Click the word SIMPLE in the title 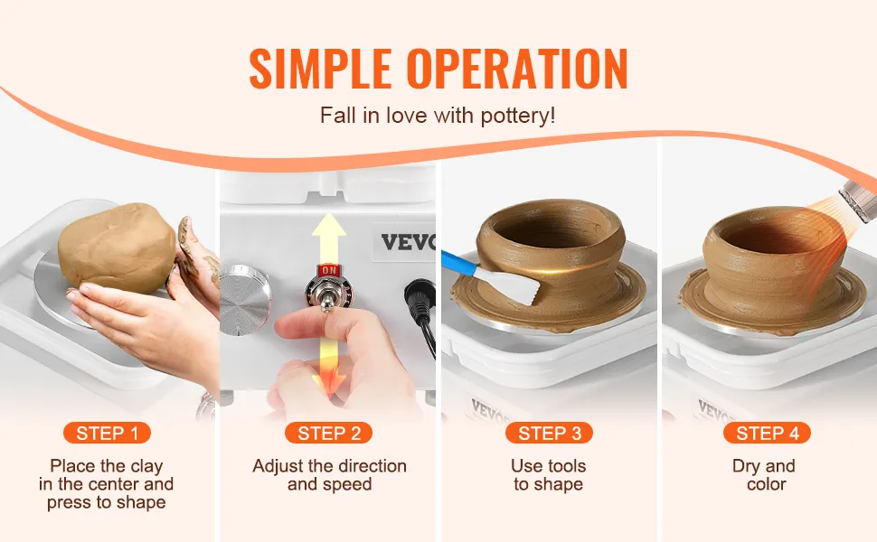click(x=320, y=69)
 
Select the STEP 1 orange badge click(x=107, y=433)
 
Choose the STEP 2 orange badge click(x=329, y=433)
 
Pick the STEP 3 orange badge click(x=549, y=433)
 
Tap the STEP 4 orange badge click(x=767, y=433)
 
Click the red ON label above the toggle click(x=329, y=271)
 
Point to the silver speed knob click(x=245, y=300)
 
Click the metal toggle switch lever click(x=325, y=296)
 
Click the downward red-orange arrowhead click(x=330, y=385)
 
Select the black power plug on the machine click(x=420, y=300)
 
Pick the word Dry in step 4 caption click(x=746, y=466)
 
